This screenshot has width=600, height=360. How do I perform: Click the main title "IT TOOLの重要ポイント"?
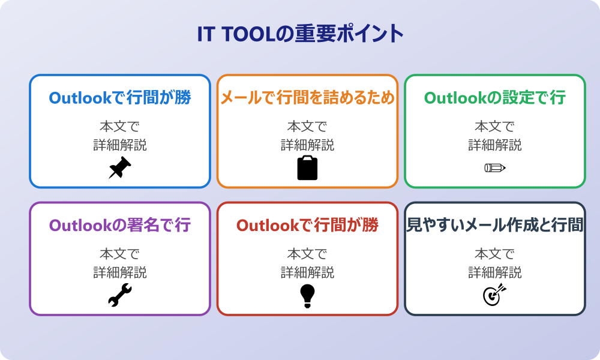[301, 34]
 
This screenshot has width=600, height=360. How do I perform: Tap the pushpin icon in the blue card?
[120, 167]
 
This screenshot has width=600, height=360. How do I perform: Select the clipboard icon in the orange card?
[307, 167]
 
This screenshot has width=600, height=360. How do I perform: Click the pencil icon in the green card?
[495, 167]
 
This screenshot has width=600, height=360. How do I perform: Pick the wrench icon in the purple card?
[120, 295]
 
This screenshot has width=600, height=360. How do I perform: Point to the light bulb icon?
[307, 296]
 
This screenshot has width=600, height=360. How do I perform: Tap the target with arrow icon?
[495, 295]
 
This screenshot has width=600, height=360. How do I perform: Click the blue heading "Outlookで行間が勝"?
[120, 98]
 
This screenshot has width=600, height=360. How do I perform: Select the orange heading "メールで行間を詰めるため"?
[307, 98]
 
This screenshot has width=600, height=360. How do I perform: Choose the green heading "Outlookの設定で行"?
[495, 98]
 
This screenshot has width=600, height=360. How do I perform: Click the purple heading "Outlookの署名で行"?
[120, 225]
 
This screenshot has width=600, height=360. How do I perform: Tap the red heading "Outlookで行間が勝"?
[307, 225]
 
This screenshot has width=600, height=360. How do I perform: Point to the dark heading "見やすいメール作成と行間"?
[495, 225]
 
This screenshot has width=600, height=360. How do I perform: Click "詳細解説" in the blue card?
[120, 145]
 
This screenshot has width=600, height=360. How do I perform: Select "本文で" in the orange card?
[307, 126]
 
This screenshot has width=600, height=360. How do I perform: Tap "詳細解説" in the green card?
[495, 145]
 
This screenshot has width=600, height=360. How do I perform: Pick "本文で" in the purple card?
[120, 254]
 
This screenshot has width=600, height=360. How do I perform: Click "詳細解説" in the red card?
[307, 272]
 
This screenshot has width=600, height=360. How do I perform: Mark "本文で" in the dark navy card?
[495, 254]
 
